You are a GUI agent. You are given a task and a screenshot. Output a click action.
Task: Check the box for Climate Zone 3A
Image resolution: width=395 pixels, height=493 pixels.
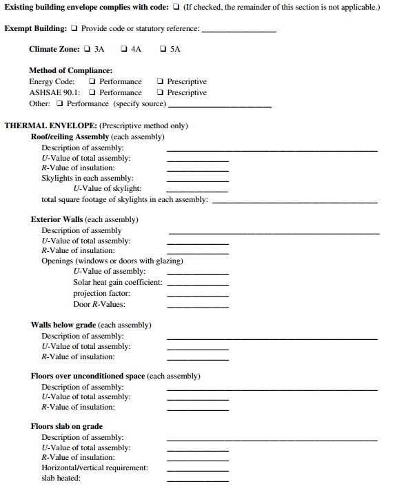click(87, 50)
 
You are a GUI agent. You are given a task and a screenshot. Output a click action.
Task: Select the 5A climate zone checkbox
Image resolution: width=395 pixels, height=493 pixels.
click(163, 50)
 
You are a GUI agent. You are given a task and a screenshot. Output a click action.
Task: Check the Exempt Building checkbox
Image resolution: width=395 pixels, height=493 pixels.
click(74, 29)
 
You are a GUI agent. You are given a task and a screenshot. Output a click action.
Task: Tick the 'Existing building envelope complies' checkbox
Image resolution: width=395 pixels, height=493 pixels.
click(176, 8)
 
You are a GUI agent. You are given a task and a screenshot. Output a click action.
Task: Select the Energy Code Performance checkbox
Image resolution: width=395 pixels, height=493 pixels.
click(92, 81)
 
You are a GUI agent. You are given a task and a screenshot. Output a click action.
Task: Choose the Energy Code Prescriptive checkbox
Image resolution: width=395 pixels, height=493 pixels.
click(160, 81)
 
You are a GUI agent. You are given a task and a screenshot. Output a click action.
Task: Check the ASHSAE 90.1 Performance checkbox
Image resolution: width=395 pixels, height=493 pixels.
click(92, 92)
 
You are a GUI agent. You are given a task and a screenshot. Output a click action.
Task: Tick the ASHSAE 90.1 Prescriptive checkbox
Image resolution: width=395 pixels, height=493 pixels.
click(160, 92)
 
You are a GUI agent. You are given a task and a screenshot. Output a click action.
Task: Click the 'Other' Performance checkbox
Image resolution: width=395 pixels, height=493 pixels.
click(60, 103)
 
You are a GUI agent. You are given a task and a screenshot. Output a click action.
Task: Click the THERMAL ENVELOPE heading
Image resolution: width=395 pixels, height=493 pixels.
click(51, 126)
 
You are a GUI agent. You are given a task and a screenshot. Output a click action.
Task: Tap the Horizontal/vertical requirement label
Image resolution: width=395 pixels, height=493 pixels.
click(94, 468)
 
